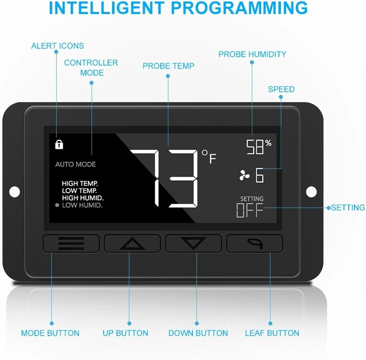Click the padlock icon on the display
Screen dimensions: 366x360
coord(59,144)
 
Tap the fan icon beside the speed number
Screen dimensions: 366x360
coord(244,175)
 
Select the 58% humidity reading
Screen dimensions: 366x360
coord(259,147)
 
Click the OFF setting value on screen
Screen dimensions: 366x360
coord(249,210)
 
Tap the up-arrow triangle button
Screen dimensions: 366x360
coord(132,244)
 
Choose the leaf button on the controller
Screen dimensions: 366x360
coord(254,244)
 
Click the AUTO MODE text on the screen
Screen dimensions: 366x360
coord(75,164)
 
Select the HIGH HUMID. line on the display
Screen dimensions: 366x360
coord(83,198)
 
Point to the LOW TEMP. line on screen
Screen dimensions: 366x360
coord(79,191)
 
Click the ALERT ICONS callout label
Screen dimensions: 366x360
coord(58,46)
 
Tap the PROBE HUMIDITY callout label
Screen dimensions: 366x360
coord(252,54)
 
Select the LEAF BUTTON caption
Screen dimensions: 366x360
coord(272,333)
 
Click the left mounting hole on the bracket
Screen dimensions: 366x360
coord(14,192)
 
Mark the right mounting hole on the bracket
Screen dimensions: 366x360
coord(311,192)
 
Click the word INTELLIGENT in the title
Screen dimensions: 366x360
coord(107,8)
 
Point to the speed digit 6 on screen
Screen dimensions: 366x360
coord(259,175)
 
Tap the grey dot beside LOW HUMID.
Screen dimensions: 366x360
coord(57,205)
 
